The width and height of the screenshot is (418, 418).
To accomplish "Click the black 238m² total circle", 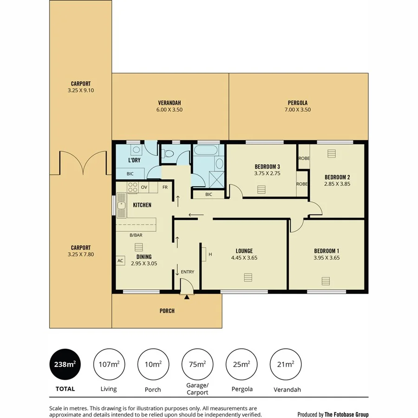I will pos(62,365).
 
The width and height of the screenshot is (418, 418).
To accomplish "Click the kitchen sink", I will pos(122,205).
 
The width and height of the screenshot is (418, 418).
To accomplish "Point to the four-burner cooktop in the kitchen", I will pos(132,187).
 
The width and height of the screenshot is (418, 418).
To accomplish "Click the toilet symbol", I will pos(169,153).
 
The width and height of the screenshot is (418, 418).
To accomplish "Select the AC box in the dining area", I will pos(120,261).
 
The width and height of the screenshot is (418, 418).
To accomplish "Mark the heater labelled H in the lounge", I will pos(204,254).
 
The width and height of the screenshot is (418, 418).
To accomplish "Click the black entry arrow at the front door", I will pos(187,297).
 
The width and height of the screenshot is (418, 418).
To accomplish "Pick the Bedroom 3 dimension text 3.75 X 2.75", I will pos(267,174).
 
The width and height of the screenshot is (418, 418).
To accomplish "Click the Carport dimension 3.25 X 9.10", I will pos(80,91).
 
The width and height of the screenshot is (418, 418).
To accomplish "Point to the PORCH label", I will pos(167,311).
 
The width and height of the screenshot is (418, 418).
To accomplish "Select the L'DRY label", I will pos(134,160).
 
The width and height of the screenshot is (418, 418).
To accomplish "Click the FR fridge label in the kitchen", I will pos(165,187).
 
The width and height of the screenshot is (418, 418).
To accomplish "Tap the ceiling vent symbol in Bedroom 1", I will pos(326,280).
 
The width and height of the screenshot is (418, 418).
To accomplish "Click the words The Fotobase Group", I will pos(346,414).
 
